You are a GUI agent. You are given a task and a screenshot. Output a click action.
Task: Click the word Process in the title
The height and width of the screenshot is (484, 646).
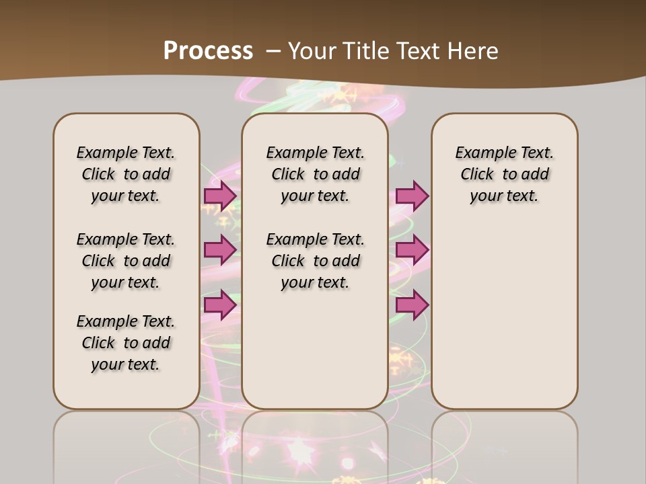coord(208,50)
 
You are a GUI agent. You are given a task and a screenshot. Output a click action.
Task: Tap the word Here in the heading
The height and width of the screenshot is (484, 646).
coord(474,50)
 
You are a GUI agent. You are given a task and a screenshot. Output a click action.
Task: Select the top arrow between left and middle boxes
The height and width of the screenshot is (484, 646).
coord(220,196)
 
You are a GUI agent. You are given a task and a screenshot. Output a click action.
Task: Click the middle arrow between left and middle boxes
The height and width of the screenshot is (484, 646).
coord(220,250)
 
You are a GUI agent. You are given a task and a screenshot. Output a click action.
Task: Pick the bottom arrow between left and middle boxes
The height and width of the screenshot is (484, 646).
coord(220,305)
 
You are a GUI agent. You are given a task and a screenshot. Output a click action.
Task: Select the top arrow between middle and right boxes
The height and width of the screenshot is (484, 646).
coord(412,196)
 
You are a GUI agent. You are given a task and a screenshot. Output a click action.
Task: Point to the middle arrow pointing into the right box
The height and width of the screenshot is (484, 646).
coord(412,250)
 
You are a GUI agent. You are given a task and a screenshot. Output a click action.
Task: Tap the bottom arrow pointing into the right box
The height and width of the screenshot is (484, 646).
coord(412,305)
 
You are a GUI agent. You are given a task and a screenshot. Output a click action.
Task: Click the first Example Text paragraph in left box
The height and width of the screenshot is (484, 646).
coord(126,174)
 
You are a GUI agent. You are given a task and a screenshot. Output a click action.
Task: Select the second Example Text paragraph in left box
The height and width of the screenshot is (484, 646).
coord(126,261)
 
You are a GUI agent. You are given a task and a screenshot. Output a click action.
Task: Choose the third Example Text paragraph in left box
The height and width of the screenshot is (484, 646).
coord(126,343)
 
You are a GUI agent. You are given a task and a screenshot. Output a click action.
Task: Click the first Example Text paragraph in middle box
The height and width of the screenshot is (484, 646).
coord(315,174)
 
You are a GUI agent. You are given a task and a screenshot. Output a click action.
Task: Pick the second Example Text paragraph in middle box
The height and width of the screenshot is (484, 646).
coord(315,261)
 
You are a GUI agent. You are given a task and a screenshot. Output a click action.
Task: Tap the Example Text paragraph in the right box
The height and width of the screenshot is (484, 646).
coord(504,174)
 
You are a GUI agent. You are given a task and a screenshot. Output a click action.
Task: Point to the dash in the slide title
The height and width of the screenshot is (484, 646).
coord(273,50)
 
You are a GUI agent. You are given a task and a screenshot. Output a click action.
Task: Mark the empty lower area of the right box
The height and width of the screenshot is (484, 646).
coord(504,323)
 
